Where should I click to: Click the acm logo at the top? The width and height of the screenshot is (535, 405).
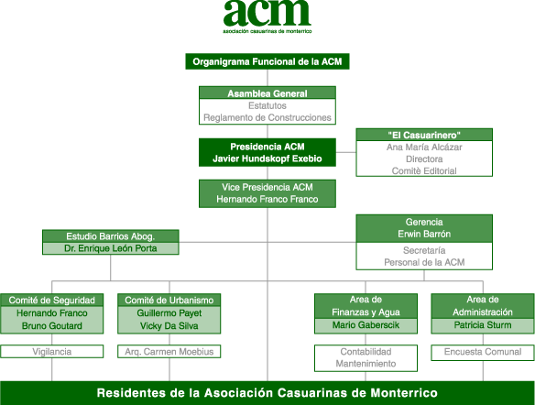click(x=267, y=16)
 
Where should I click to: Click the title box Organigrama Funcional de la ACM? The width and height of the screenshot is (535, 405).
click(x=267, y=61)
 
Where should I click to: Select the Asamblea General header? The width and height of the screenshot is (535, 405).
click(x=267, y=93)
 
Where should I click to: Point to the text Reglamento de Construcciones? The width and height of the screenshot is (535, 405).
click(x=267, y=117)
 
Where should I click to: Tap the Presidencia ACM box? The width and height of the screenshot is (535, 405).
click(x=267, y=152)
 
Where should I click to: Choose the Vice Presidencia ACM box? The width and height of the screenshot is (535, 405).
click(x=267, y=193)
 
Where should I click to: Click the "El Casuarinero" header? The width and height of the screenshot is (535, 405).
click(x=424, y=135)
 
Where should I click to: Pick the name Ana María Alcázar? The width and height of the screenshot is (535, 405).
click(x=424, y=147)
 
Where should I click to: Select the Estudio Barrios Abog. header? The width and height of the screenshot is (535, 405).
click(x=111, y=236)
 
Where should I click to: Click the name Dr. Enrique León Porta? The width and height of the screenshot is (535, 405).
click(x=111, y=248)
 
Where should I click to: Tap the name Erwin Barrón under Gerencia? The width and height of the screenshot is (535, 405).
click(x=424, y=234)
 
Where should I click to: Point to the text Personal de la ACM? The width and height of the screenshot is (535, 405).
click(x=424, y=262)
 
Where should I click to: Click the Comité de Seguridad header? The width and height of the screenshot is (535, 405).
click(x=52, y=301)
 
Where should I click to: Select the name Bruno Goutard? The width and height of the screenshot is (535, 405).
click(x=52, y=326)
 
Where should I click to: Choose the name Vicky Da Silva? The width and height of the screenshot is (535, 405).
click(x=169, y=326)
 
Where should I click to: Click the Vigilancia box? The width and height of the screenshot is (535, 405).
click(x=52, y=352)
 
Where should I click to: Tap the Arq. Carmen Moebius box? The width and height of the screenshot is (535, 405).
click(x=169, y=352)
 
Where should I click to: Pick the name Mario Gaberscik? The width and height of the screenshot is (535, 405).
click(x=366, y=325)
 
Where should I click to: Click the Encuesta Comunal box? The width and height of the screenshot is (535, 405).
click(x=483, y=353)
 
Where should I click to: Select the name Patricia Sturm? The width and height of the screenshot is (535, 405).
click(x=483, y=325)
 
